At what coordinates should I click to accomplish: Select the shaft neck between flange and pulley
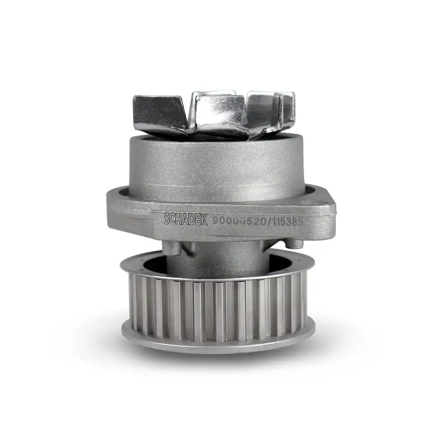click(x=214, y=259)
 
